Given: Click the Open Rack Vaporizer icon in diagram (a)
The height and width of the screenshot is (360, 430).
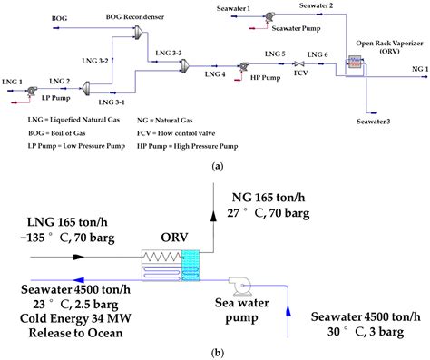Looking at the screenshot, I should (x=356, y=63).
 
